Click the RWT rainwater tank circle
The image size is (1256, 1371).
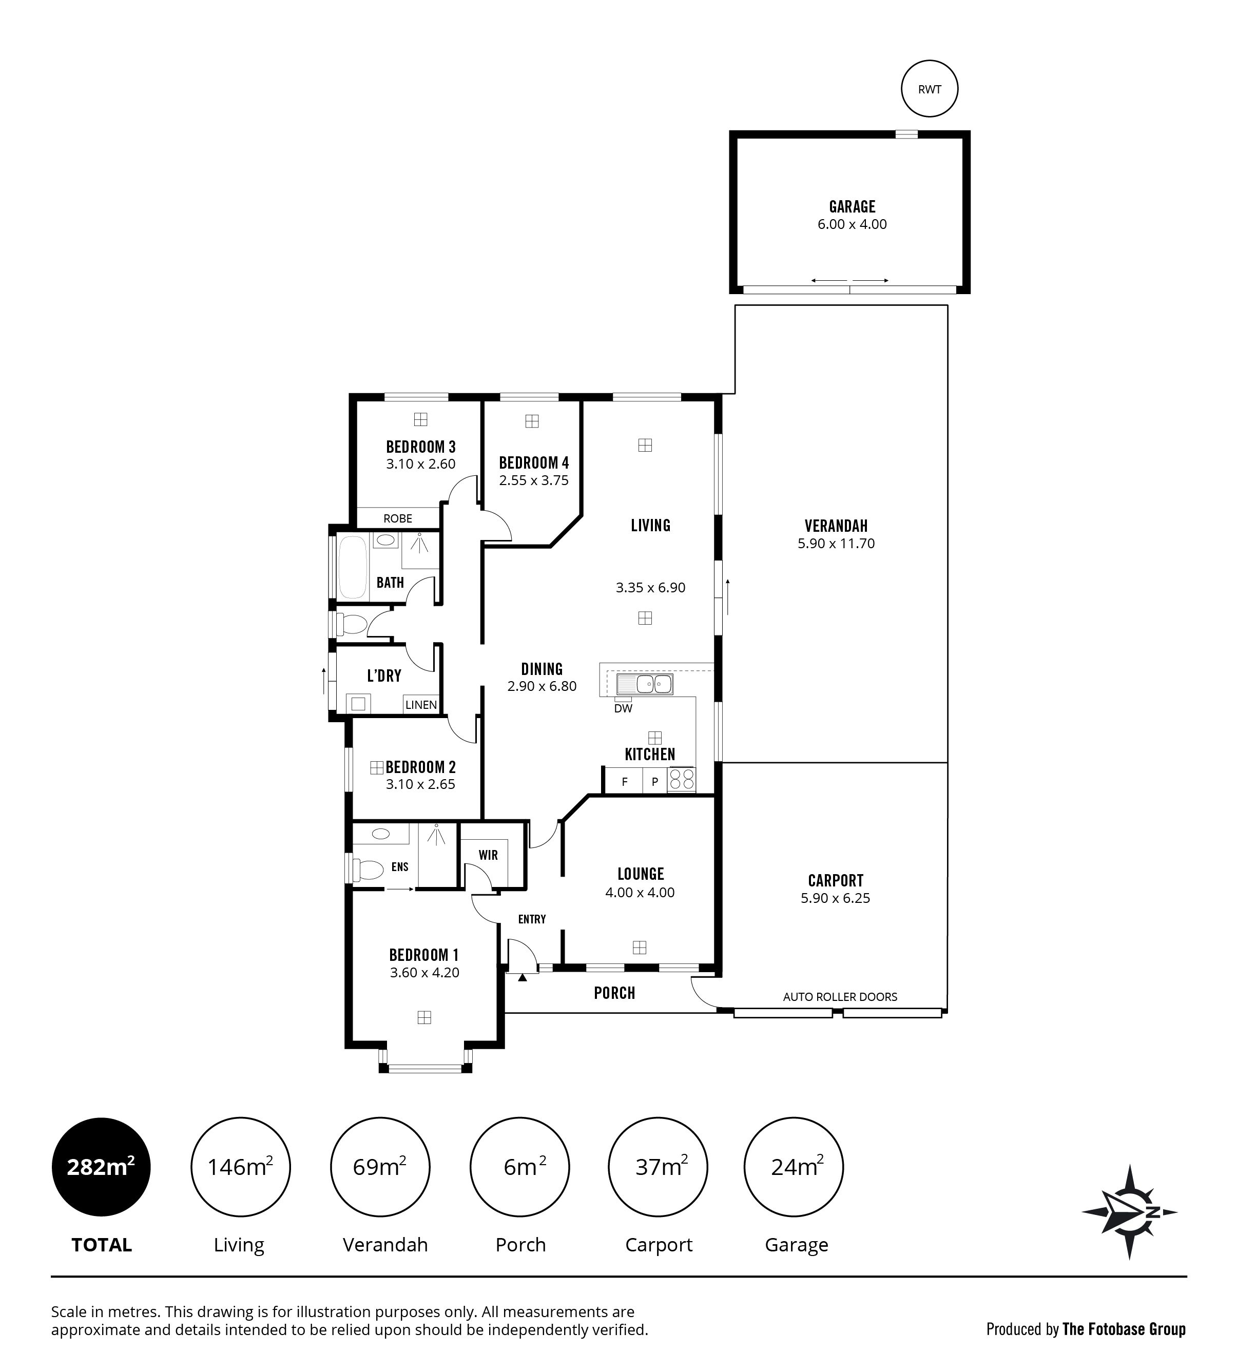[929, 89]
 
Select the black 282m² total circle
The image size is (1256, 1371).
[101, 1167]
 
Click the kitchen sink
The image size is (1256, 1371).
[645, 684]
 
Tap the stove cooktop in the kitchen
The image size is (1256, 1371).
[682, 779]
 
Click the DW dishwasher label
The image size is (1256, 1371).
[623, 709]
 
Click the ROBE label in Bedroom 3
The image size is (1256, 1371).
[398, 518]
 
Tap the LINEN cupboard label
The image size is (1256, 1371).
[421, 705]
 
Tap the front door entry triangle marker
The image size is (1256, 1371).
[522, 977]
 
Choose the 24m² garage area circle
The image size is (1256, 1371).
[794, 1167]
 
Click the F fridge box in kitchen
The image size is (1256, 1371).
[624, 781]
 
